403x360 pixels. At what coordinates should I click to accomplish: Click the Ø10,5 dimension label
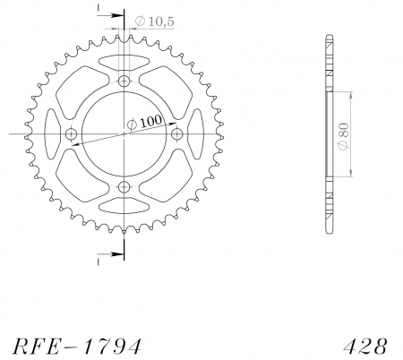coord(154,21)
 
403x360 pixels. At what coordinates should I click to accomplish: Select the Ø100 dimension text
coord(145,122)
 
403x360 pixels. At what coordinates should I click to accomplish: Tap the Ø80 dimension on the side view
coord(343,135)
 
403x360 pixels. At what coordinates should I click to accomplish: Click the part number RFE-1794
coord(77,347)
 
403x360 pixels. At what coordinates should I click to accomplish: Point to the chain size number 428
coord(365,347)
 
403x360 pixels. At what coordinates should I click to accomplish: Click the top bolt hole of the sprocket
coord(124,81)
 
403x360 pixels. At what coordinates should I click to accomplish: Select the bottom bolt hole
coord(124,187)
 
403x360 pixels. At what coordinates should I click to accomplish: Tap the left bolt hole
coord(71,134)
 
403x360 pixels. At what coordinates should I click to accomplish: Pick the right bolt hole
coord(177,134)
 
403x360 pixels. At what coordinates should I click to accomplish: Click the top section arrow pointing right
coord(110,15)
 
